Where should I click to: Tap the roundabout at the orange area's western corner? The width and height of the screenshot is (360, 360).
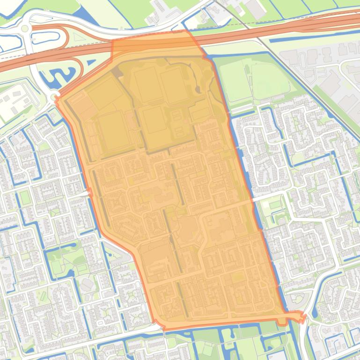click(x=56, y=98)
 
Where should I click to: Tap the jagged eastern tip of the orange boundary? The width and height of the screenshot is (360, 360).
click(x=303, y=318)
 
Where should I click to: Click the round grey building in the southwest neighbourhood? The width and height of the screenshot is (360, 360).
click(x=87, y=284)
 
